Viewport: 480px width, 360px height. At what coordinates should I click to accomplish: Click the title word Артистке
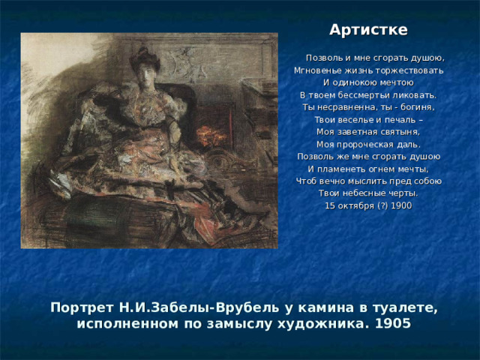tap(368, 30)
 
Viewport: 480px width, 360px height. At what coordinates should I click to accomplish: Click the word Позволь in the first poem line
tap(325, 58)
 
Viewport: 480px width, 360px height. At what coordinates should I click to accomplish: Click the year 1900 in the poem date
tap(400, 205)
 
